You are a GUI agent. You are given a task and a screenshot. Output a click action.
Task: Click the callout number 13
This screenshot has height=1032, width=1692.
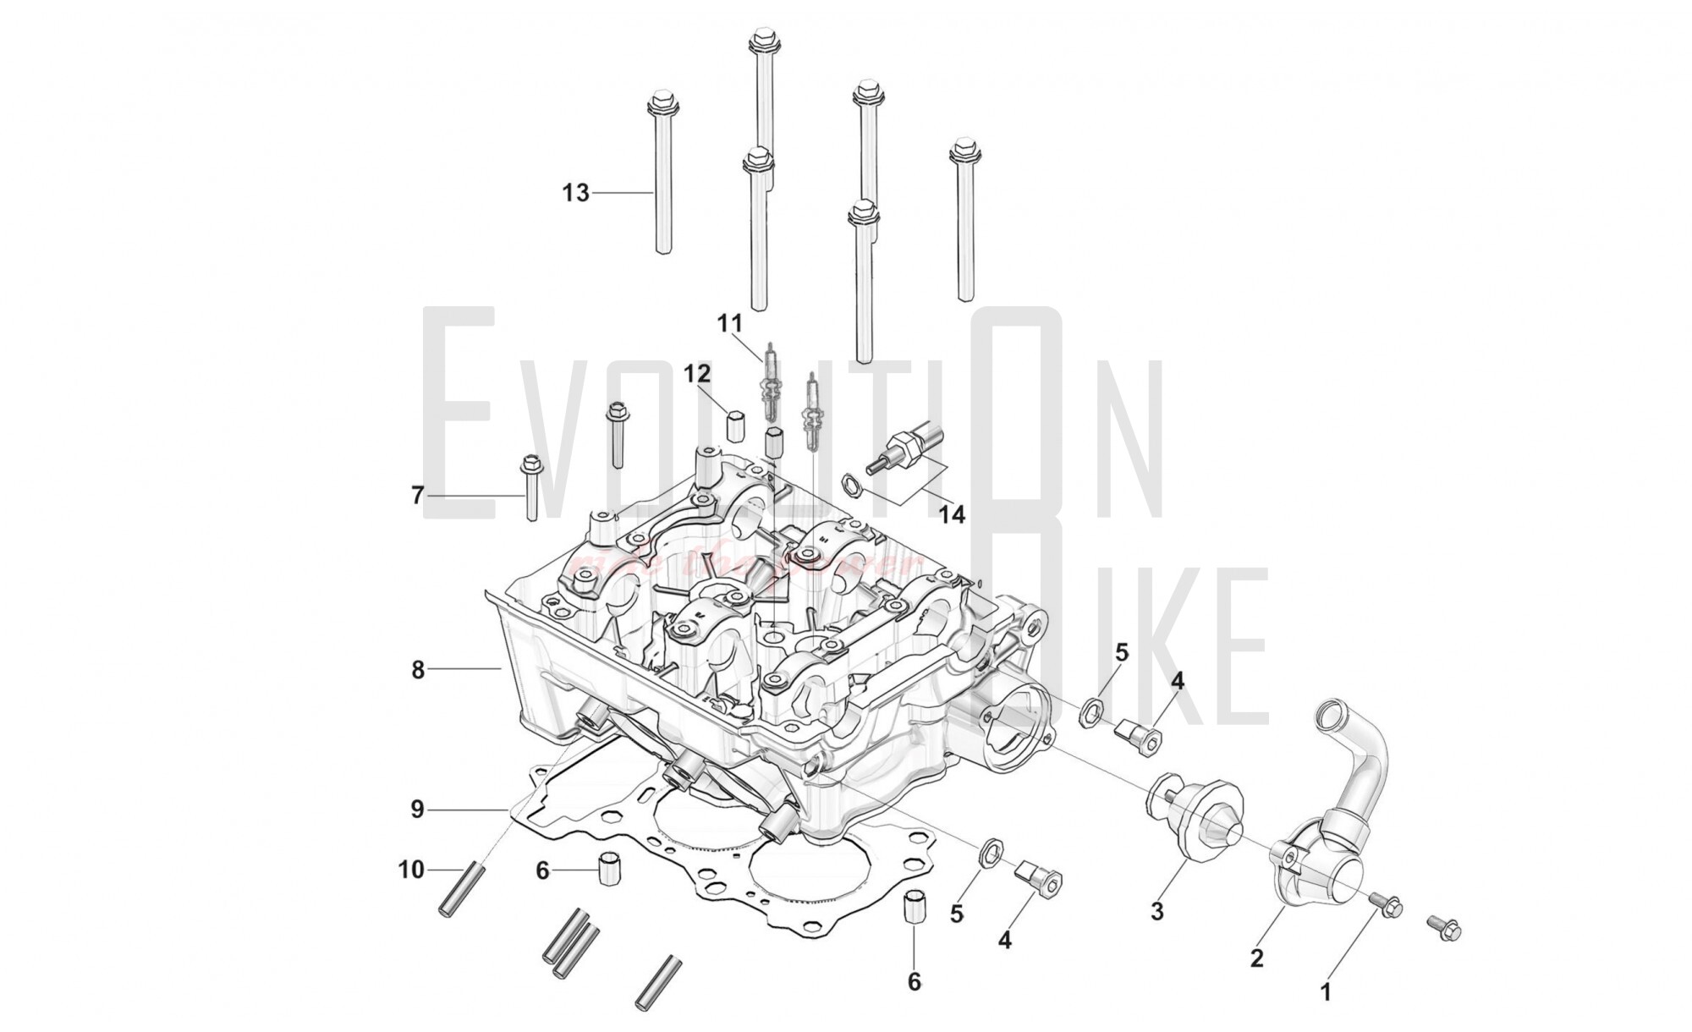pyautogui.click(x=575, y=194)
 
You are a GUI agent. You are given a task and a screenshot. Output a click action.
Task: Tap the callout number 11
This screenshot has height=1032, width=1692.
pyautogui.click(x=729, y=323)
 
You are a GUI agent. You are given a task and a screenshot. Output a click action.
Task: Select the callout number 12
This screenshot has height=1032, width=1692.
pyautogui.click(x=697, y=373)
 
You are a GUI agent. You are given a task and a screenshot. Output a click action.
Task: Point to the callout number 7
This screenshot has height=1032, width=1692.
pyautogui.click(x=417, y=495)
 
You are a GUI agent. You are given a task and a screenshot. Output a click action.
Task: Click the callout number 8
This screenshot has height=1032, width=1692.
pyautogui.click(x=417, y=670)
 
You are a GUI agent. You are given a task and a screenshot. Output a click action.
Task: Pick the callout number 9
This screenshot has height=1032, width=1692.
pyautogui.click(x=416, y=810)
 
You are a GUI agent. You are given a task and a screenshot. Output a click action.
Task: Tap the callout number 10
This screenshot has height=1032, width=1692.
pyautogui.click(x=411, y=870)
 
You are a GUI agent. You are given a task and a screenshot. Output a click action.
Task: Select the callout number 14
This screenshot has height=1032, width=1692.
pyautogui.click(x=952, y=513)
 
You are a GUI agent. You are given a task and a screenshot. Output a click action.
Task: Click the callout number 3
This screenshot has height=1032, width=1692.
pyautogui.click(x=1156, y=911)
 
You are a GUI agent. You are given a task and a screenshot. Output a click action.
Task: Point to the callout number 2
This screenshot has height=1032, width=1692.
pyautogui.click(x=1256, y=958)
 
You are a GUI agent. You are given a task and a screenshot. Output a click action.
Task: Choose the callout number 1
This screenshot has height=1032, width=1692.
pyautogui.click(x=1326, y=991)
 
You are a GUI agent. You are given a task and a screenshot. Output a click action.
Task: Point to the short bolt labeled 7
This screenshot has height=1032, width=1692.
pyautogui.click(x=531, y=489)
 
